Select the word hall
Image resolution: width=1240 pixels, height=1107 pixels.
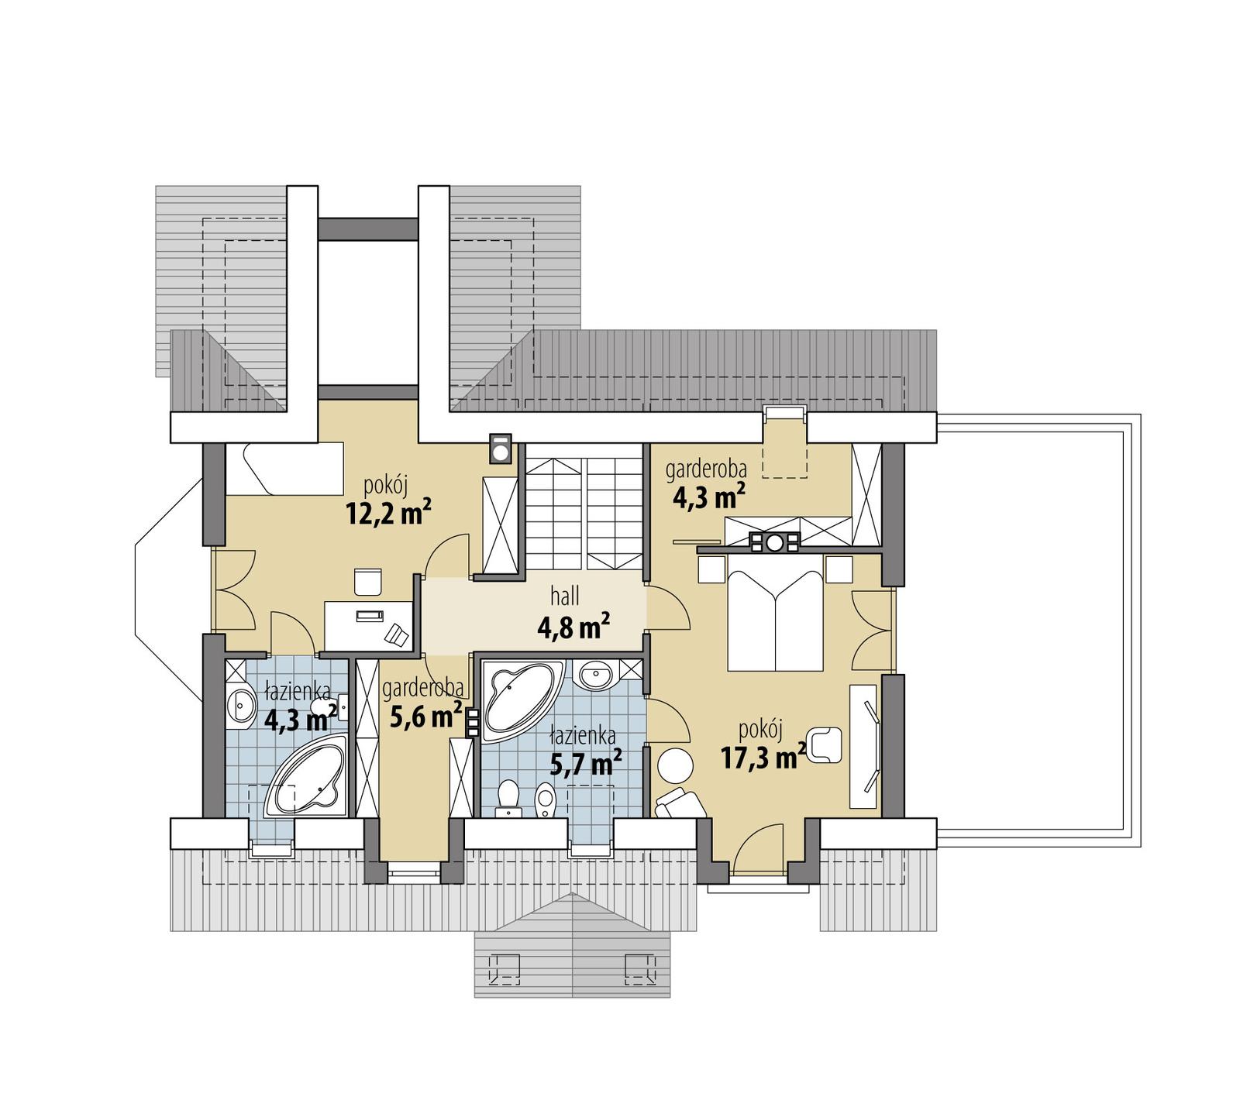pos(565,596)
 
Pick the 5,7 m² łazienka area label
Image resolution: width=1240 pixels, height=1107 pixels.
pos(585,763)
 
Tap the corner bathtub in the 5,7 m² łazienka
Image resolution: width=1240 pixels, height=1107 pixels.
pos(520,696)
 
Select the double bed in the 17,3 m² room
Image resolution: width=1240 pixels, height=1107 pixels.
pos(774,620)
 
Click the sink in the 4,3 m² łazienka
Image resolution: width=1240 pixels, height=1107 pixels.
pos(242,706)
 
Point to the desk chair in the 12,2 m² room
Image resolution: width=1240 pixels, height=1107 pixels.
pos(367,582)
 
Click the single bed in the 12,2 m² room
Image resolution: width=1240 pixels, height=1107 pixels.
pos(284,468)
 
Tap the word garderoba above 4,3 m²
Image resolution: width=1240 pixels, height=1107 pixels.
pos(706,469)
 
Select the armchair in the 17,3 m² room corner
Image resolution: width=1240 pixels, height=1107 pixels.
pos(679,805)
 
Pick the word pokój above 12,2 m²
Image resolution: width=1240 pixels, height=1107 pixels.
pos(385,486)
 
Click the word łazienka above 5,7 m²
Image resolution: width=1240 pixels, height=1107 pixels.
pos(583,734)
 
